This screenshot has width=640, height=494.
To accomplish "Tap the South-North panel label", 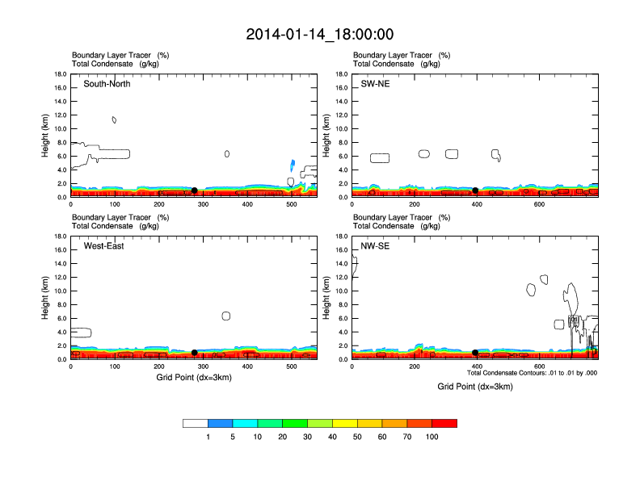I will (x=107, y=84).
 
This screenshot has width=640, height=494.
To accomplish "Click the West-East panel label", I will (x=103, y=246).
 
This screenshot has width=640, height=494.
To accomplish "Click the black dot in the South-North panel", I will (x=194, y=190).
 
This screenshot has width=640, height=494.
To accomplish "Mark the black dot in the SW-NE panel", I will (x=475, y=190).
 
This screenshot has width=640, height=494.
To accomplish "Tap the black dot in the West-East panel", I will (x=194, y=353).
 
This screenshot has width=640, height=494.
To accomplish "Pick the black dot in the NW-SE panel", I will (x=475, y=353).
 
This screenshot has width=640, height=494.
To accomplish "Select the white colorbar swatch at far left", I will (x=195, y=423).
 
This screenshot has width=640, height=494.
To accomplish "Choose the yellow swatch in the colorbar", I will (x=345, y=423).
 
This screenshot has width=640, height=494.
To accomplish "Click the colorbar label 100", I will (x=432, y=437).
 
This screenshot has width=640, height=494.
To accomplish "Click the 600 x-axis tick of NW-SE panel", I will (x=538, y=367).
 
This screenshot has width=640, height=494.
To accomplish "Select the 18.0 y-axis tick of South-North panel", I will (x=60, y=74).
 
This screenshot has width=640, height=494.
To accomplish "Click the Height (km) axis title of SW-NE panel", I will (x=326, y=136).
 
